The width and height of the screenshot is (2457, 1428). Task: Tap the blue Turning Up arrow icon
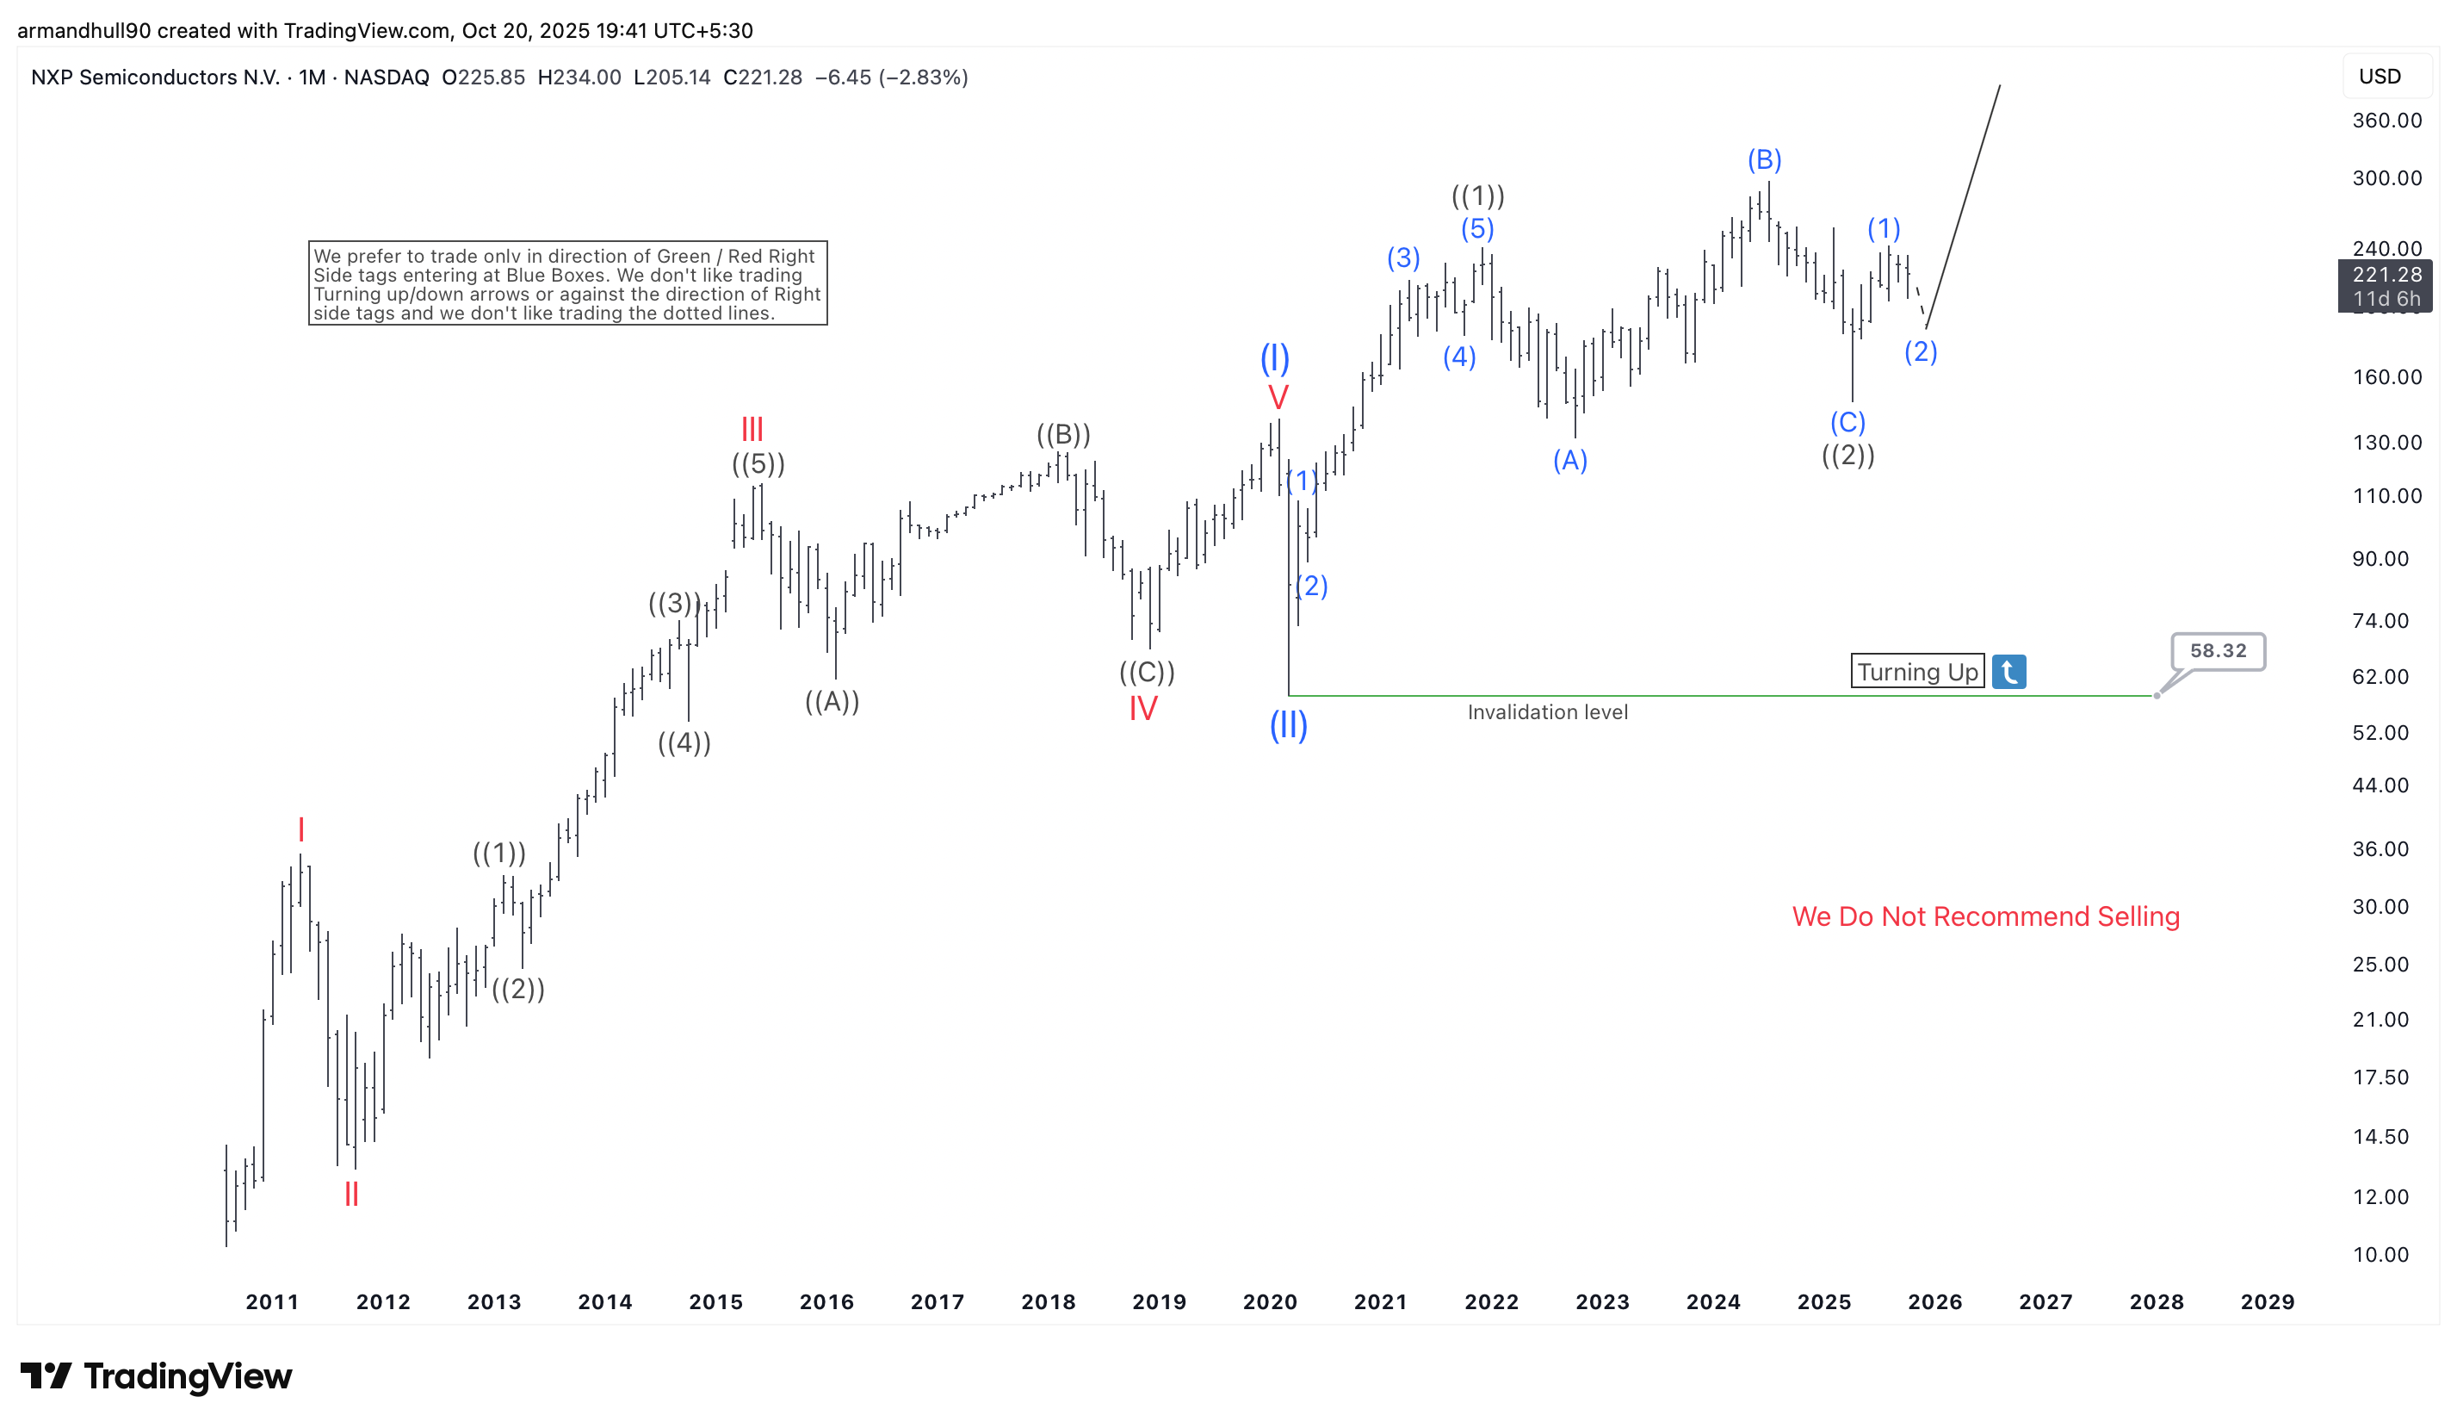(x=2008, y=672)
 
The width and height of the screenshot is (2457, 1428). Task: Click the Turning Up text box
(x=1917, y=672)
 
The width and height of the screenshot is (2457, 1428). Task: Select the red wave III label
(x=752, y=429)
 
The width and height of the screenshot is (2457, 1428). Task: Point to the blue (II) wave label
(x=1288, y=726)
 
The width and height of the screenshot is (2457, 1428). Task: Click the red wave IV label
(x=1142, y=709)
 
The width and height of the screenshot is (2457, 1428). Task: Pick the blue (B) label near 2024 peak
(x=1764, y=160)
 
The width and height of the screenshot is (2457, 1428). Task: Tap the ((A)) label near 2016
(x=832, y=701)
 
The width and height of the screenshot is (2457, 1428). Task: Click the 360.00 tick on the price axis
(x=2386, y=121)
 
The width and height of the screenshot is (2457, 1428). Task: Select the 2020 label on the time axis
(x=1270, y=1302)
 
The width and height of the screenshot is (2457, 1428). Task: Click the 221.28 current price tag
(x=2386, y=275)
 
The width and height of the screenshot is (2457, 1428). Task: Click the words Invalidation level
(x=1547, y=713)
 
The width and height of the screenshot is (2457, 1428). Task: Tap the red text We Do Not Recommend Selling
(x=1985, y=917)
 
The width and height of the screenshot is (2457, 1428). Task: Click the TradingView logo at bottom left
(x=156, y=1376)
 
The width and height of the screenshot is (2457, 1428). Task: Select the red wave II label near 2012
(x=352, y=1194)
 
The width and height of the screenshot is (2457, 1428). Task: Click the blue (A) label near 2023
(x=1569, y=461)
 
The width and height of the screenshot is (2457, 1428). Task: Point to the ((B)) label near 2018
(x=1062, y=434)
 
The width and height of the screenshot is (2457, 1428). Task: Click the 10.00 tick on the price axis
(x=2380, y=1256)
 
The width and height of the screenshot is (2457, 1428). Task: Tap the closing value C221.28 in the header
(x=763, y=77)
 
